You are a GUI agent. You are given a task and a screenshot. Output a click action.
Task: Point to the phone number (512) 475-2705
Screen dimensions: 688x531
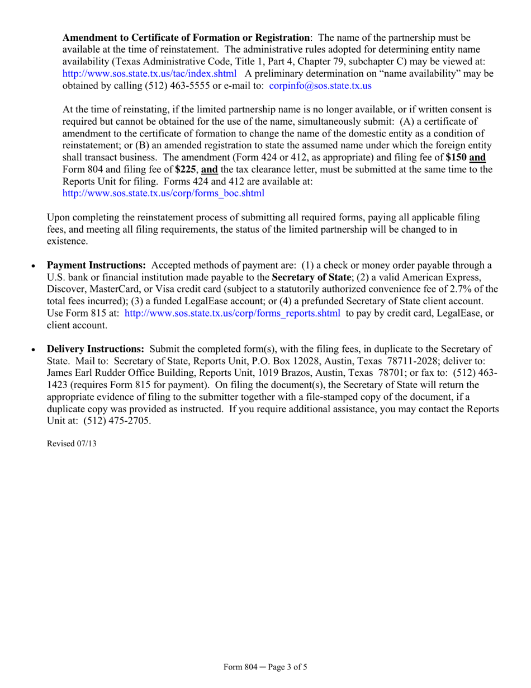tap(113, 421)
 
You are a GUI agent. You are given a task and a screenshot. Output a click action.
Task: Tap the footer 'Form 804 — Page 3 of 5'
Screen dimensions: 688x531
tap(265, 667)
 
